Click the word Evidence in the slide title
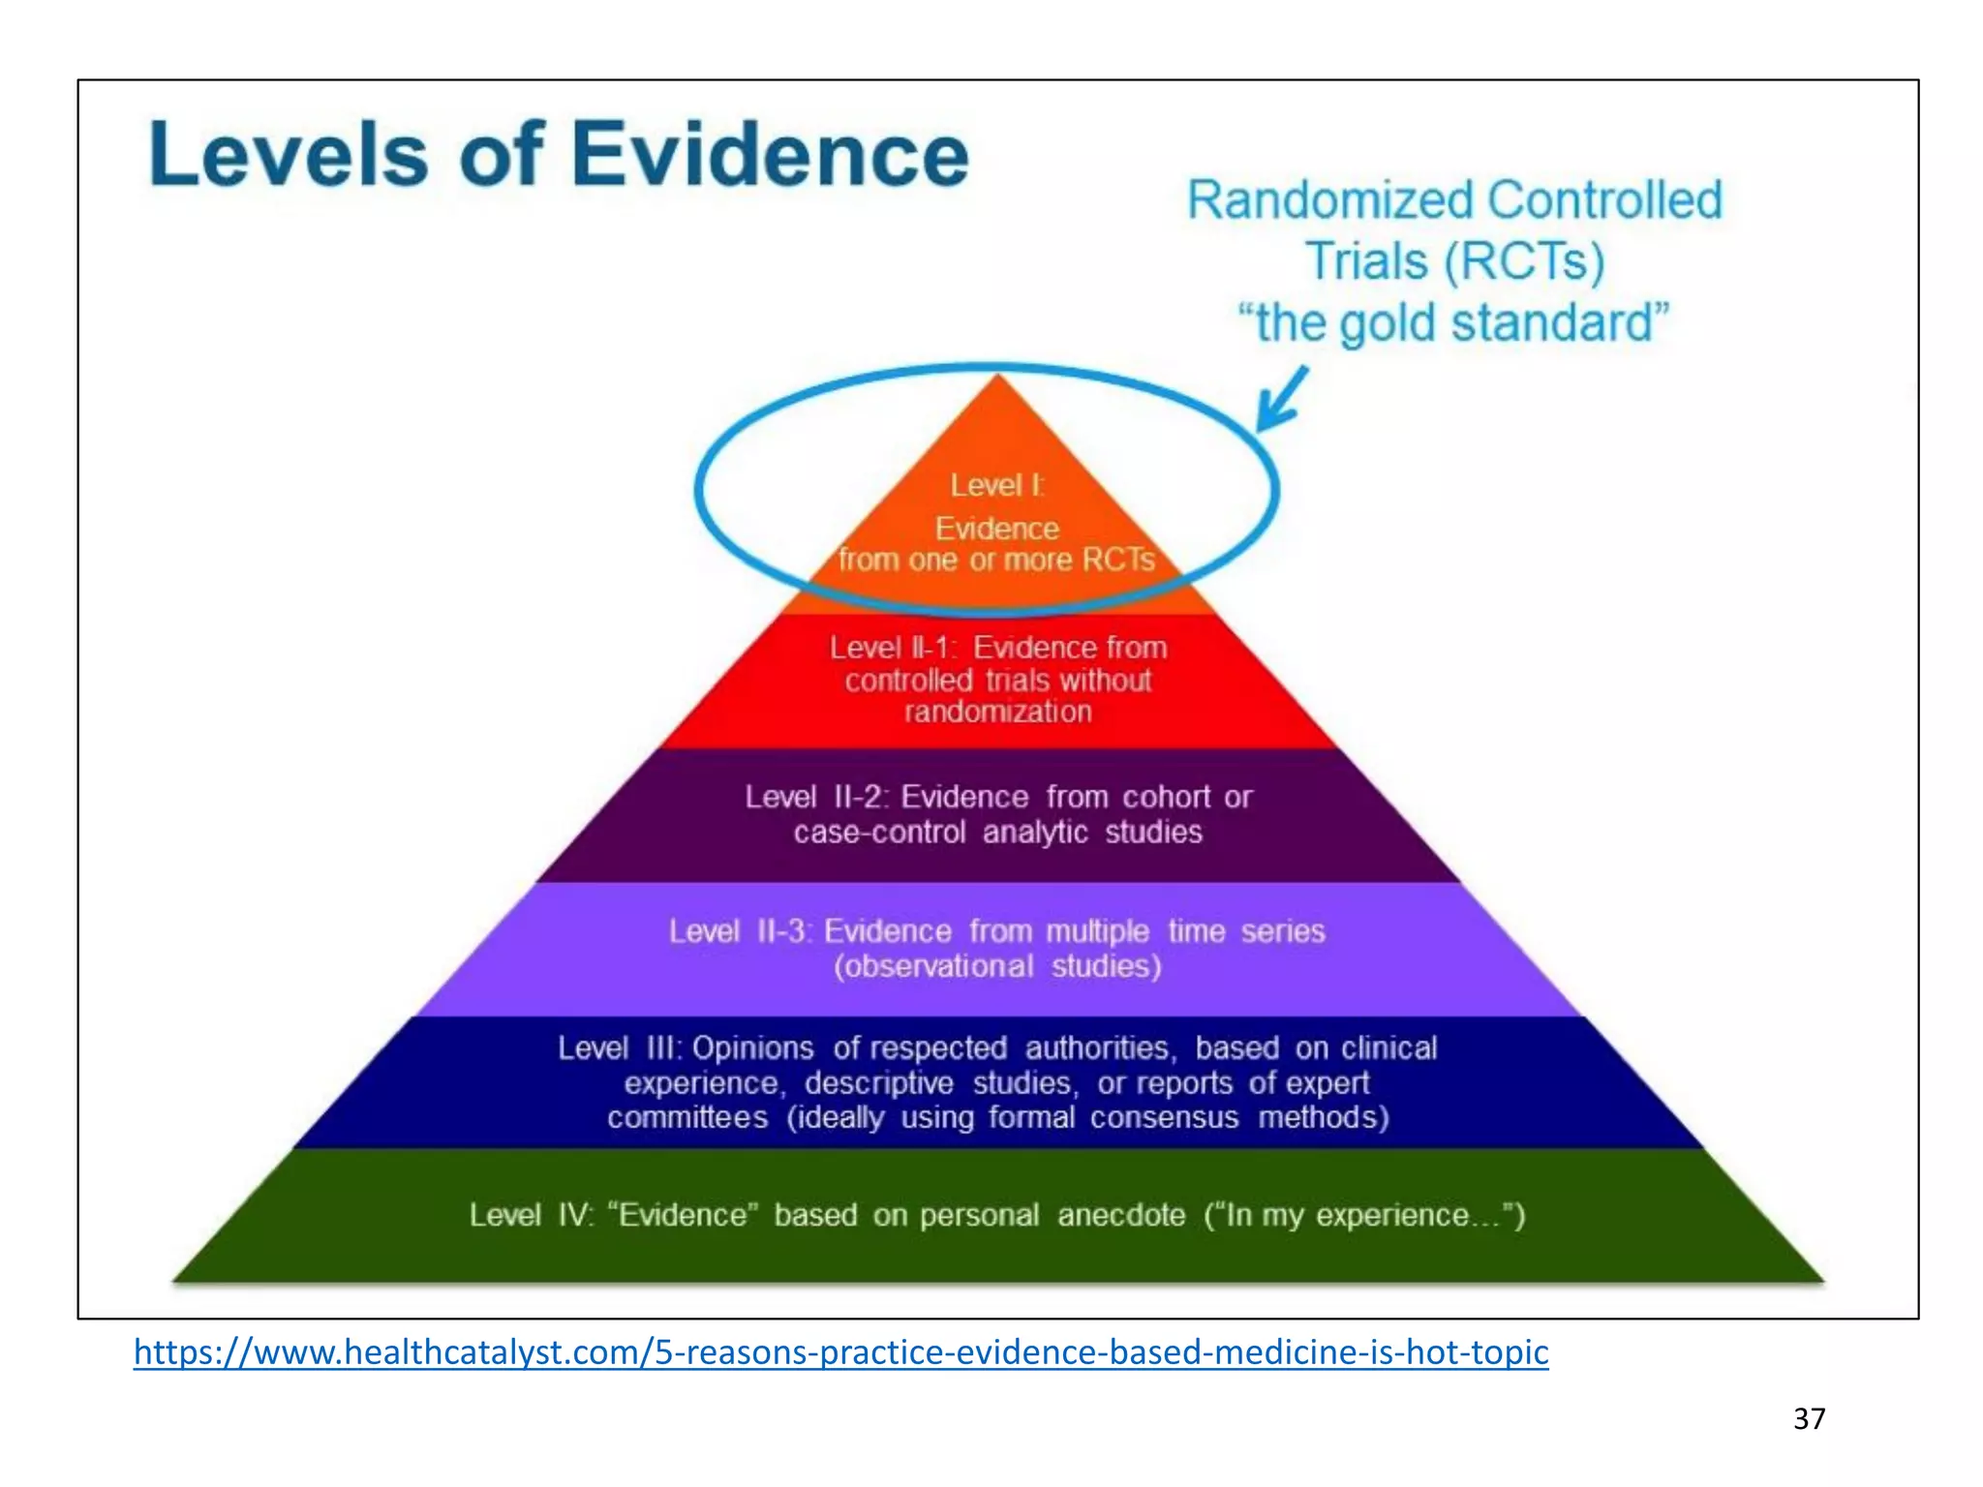click(770, 155)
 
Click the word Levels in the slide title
click(289, 155)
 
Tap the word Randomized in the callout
click(1332, 200)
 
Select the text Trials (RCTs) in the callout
click(1454, 261)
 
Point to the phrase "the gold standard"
click(1454, 322)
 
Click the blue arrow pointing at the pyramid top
click(1281, 399)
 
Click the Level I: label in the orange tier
click(996, 485)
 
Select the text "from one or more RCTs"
click(996, 560)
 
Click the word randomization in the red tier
click(997, 713)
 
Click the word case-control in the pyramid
click(879, 833)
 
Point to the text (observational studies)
click(997, 966)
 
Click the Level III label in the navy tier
click(620, 1048)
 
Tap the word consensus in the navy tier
click(1164, 1118)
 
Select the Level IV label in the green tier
click(532, 1215)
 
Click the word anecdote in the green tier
click(1121, 1215)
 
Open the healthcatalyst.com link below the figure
click(840, 1352)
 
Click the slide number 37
click(1809, 1419)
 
